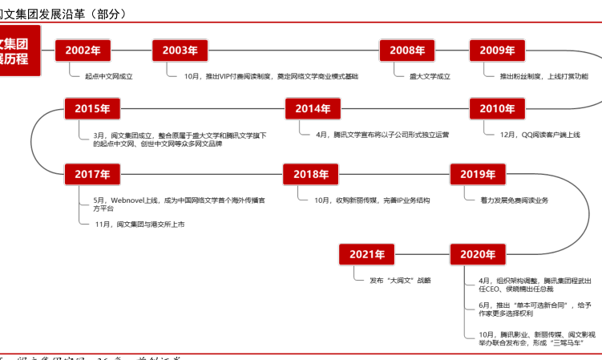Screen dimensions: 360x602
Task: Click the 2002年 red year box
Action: pyautogui.click(x=83, y=50)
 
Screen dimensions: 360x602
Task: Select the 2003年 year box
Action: pyautogui.click(x=180, y=50)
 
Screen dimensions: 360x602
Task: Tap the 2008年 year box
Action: pyautogui.click(x=407, y=50)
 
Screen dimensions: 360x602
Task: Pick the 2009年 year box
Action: pyautogui.click(x=497, y=50)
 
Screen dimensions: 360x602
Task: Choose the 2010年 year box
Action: pyautogui.click(x=497, y=109)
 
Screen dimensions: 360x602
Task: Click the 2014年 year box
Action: pyautogui.click(x=313, y=109)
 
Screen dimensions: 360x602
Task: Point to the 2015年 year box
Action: pyautogui.click(x=92, y=109)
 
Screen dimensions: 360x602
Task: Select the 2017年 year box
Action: pyautogui.click(x=92, y=173)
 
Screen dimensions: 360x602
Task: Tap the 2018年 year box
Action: pyautogui.click(x=310, y=173)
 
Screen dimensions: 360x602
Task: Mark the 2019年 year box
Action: pyautogui.click(x=478, y=173)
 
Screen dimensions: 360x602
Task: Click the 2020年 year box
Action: pyautogui.click(x=478, y=254)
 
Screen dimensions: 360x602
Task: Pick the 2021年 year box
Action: pyautogui.click(x=367, y=254)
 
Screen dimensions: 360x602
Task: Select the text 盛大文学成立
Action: pyautogui.click(x=424, y=76)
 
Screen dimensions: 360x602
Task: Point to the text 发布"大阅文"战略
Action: pyautogui.click(x=400, y=280)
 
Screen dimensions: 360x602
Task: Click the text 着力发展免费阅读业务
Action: pyautogui.click(x=514, y=199)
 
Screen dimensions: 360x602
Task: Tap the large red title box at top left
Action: pyautogui.click(x=19, y=51)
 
